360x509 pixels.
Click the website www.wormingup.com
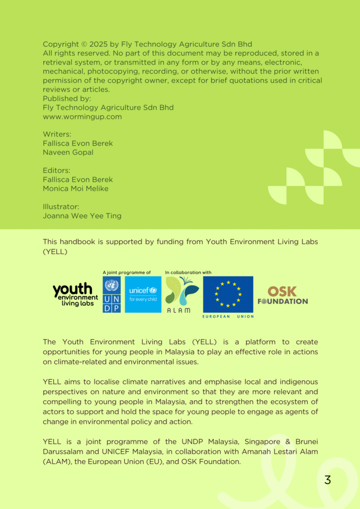pyautogui.click(x=82, y=117)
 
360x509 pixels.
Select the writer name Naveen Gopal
pyautogui.click(x=68, y=153)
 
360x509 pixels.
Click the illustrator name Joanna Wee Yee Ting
pyautogui.click(x=82, y=216)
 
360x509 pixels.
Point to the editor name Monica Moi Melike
pyautogui.click(x=76, y=189)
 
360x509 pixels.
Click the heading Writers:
pyautogui.click(x=57, y=134)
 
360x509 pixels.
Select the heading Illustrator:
pyautogui.click(x=61, y=207)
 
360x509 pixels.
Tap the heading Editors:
pyautogui.click(x=56, y=170)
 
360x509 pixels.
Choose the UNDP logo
pyautogui.click(x=111, y=294)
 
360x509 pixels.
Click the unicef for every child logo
pyautogui.click(x=143, y=294)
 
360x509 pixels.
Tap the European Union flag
pyautogui.click(x=228, y=294)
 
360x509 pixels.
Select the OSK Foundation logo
pyautogui.click(x=282, y=295)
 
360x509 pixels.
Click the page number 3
pyautogui.click(x=327, y=480)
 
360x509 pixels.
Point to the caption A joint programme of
pyautogui.click(x=126, y=272)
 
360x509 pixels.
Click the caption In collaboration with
pyautogui.click(x=188, y=272)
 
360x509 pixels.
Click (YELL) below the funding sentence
pyautogui.click(x=55, y=252)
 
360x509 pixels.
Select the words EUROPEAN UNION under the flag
pyautogui.click(x=228, y=317)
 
